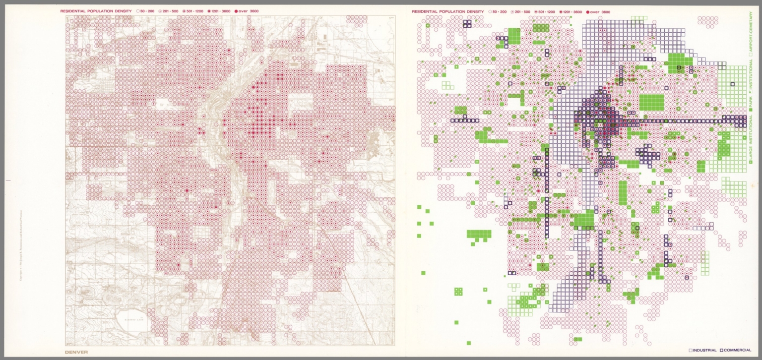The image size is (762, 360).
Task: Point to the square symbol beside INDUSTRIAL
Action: click(x=691, y=350)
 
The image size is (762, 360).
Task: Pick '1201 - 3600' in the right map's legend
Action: click(x=572, y=11)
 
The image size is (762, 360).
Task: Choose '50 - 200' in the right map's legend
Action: click(x=499, y=11)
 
